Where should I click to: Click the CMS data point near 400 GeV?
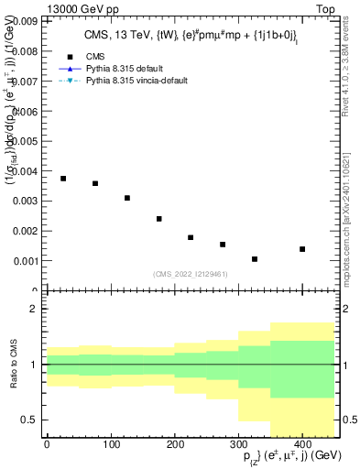pyautogui.click(x=302, y=249)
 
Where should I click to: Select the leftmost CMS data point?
pyautogui.click(x=63, y=179)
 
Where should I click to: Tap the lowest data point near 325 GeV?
pyautogui.click(x=255, y=259)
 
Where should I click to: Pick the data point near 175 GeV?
pyautogui.click(x=159, y=219)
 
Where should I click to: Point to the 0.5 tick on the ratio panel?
pyautogui.click(x=30, y=420)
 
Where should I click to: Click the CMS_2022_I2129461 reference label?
pyautogui.click(x=191, y=273)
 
